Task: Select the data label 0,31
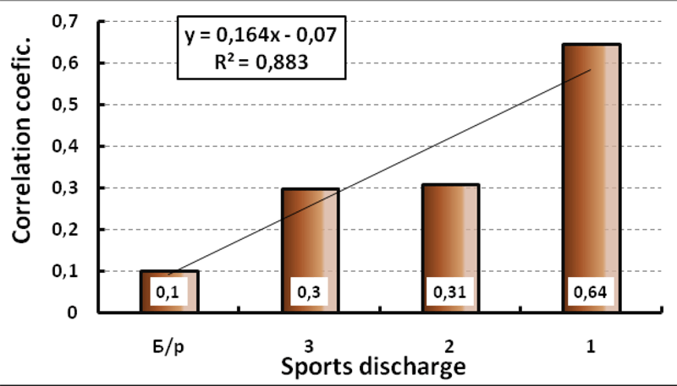pyautogui.click(x=449, y=293)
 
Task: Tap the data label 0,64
pyautogui.click(x=590, y=293)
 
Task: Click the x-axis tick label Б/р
pyautogui.click(x=169, y=345)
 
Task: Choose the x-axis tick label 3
pyautogui.click(x=311, y=345)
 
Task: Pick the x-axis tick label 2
pyautogui.click(x=452, y=345)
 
